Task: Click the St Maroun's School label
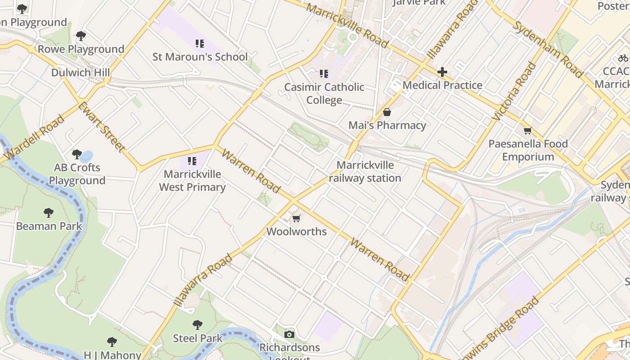(200, 57)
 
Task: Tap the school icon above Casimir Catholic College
(324, 74)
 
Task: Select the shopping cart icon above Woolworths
(296, 219)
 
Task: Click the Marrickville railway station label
(365, 171)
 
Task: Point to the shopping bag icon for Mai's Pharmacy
(387, 112)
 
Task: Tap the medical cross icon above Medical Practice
(442, 72)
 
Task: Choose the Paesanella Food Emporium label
(528, 150)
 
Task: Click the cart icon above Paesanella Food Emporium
(527, 131)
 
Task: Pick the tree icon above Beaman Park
(49, 213)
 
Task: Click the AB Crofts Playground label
(77, 174)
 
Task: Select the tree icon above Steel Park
(197, 325)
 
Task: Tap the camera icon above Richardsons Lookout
(289, 334)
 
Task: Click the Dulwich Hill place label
(81, 72)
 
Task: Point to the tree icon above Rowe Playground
(81, 36)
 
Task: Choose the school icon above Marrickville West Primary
(192, 161)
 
